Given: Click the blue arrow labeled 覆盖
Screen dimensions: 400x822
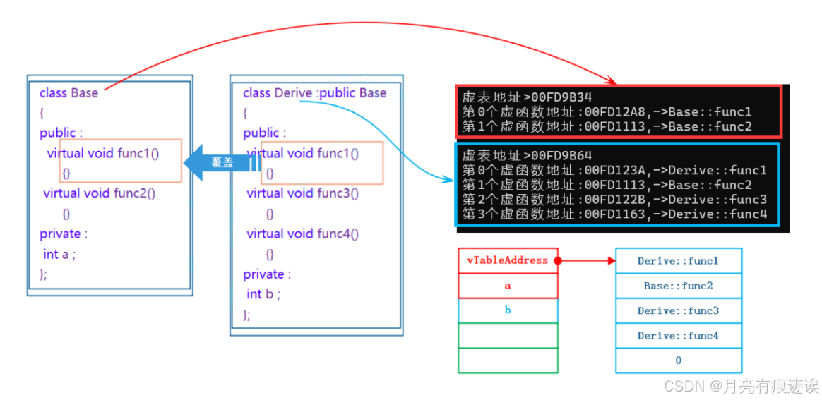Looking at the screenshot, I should pos(221,162).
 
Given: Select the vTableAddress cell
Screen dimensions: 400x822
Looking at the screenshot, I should pos(508,260).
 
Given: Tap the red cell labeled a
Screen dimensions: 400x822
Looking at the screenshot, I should pos(508,286).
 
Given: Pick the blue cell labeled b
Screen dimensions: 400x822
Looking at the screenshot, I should pos(508,310).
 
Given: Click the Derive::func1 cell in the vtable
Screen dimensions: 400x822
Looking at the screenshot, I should pos(678,261).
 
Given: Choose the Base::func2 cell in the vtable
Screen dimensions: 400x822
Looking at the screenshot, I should pos(678,286).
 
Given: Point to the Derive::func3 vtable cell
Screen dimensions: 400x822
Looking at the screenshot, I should pos(678,311).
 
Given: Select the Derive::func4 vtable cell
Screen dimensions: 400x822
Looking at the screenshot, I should pos(678,336).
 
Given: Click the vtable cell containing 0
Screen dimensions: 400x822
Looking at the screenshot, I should pos(678,360).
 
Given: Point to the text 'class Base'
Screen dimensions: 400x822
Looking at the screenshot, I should pos(68,93).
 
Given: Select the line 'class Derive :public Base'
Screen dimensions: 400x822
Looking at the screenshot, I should pos(314,93).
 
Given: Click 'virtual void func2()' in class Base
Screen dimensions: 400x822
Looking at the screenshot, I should pos(99,193).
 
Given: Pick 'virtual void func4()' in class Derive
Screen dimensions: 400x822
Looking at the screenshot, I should pos(303,234).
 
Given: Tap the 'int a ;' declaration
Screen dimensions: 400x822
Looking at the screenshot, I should pos(59,254).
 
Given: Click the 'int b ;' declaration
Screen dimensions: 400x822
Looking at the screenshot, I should pos(263,294).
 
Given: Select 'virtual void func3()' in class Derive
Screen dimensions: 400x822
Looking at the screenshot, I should pos(303,193).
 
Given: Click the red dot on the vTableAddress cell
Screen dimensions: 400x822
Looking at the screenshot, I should pos(557,261).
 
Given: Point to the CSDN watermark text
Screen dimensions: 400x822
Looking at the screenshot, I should pos(741,386).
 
